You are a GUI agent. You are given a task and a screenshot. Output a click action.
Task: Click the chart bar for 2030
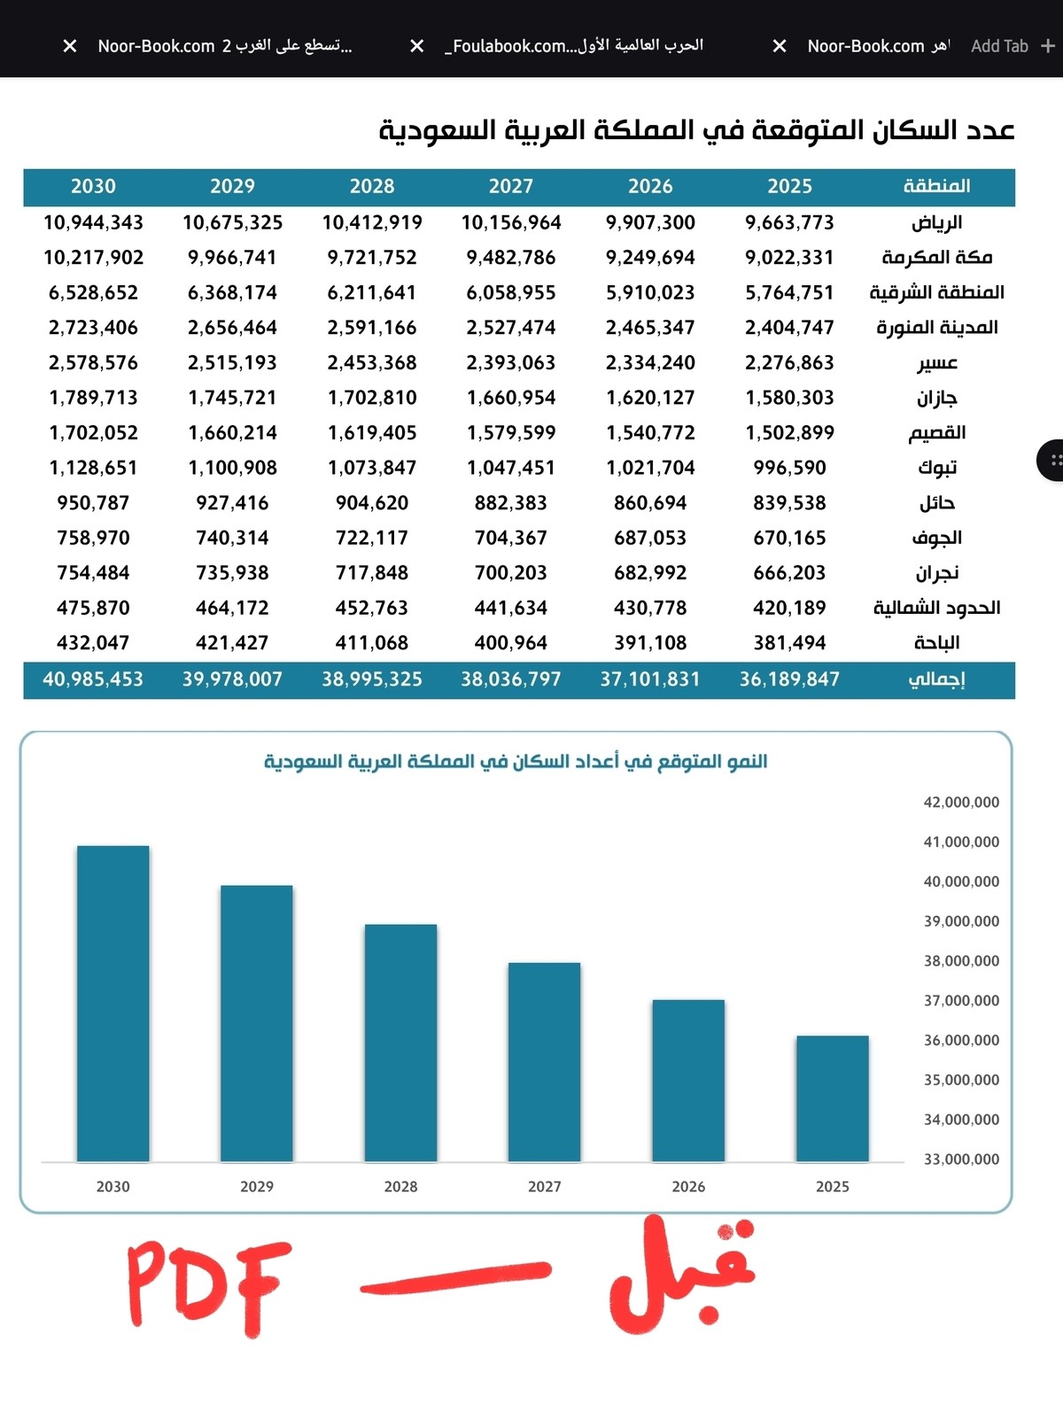coord(113,1003)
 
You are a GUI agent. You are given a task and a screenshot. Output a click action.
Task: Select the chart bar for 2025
coord(832,1098)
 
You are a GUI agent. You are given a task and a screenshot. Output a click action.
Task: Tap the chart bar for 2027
coord(544,1062)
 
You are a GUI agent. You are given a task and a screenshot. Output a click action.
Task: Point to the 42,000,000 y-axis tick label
coord(960,803)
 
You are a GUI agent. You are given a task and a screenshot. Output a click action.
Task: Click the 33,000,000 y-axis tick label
coord(960,1159)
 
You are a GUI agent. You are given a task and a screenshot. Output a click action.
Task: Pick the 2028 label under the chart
coord(400,1186)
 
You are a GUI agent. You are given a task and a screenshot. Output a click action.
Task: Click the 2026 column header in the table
coord(650,186)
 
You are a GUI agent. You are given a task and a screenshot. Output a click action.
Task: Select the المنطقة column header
coord(936,186)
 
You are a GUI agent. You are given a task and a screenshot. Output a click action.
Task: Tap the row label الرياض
coord(936,222)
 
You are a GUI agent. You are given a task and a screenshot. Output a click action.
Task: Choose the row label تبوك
coord(937,468)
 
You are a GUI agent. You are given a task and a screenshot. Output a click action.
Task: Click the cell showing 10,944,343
coord(93,222)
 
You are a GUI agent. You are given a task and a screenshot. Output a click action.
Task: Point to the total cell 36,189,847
coord(789,679)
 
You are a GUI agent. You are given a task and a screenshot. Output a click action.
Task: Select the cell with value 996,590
coord(789,468)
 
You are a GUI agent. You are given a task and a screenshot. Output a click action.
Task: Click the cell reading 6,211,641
coord(371,293)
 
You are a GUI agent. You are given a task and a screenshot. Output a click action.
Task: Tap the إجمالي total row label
coord(936,679)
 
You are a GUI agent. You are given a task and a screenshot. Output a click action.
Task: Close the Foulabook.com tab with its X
coord(416,46)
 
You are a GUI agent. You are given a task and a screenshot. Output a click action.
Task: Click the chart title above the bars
coord(516,761)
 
